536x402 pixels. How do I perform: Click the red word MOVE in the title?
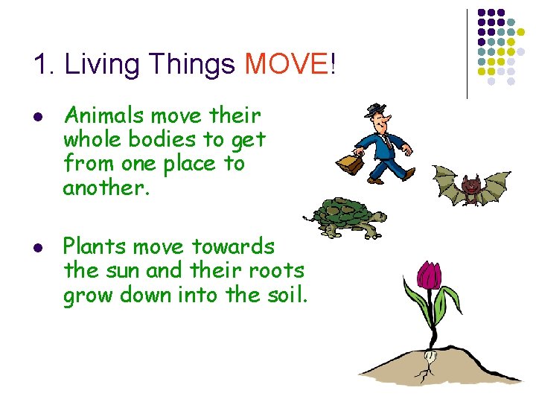click(286, 65)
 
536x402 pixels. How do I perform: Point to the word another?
click(106, 188)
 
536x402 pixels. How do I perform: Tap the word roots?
click(275, 270)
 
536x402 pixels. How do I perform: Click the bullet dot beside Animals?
click(39, 118)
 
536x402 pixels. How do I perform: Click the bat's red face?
click(469, 185)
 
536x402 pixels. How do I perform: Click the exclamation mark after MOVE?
click(332, 65)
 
